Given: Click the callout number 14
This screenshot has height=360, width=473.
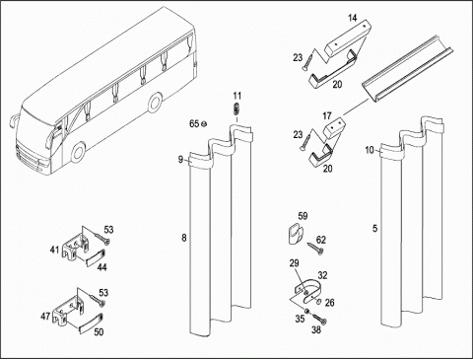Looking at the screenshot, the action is tap(353, 18).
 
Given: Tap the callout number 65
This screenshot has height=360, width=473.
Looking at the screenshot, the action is tap(194, 124).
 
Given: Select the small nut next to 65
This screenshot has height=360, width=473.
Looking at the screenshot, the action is tap(203, 124).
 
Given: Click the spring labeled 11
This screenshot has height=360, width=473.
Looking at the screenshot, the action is tap(236, 108).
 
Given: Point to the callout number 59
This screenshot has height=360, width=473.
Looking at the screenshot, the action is tap(303, 216).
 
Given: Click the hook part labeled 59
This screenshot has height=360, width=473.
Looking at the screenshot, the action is tap(295, 233).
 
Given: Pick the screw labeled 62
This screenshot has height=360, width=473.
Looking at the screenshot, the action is tap(315, 249).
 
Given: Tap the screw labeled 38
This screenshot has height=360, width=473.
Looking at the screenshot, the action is tap(320, 319).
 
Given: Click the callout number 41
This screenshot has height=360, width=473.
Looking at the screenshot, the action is tap(54, 251).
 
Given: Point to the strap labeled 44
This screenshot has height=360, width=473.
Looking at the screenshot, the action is tap(96, 257).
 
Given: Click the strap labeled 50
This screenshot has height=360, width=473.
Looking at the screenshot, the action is tap(92, 322).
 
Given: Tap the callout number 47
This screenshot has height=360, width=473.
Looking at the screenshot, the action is tap(45, 317).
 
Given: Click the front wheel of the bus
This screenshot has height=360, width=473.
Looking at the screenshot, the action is tap(78, 153).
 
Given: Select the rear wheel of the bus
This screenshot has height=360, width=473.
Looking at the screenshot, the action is tap(155, 103).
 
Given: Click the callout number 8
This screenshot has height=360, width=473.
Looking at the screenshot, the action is tap(184, 238).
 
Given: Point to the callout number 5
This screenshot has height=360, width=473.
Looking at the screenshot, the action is tap(375, 228).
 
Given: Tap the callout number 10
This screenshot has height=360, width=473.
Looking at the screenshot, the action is tap(370, 150).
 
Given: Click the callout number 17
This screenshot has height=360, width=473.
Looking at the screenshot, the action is tap(327, 116).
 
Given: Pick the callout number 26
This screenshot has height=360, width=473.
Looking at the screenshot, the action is tap(329, 302).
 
